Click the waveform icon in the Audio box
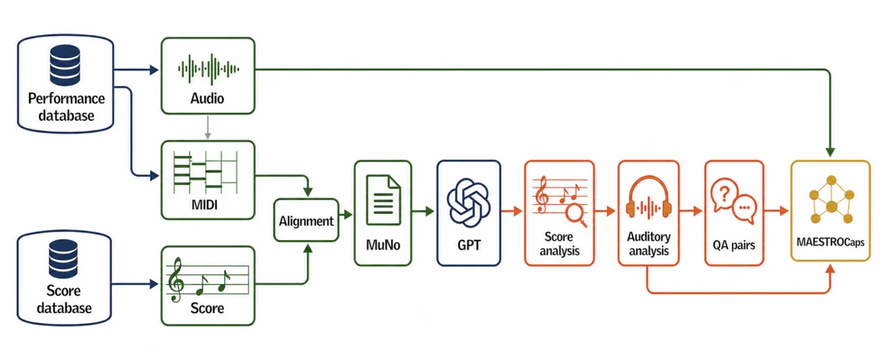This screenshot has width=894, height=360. [x=209, y=69]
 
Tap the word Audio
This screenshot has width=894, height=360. [x=207, y=98]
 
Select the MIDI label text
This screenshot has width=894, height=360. [x=204, y=205]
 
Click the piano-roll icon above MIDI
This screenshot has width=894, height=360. [x=206, y=172]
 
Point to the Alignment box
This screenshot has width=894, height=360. [x=306, y=221]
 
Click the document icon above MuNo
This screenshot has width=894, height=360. [x=383, y=200]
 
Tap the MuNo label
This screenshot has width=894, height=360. [x=383, y=244]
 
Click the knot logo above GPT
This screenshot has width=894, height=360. [x=469, y=203]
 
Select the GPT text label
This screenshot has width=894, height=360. [x=469, y=244]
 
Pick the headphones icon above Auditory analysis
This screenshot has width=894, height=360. [x=649, y=198]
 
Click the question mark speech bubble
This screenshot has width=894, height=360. [x=724, y=195]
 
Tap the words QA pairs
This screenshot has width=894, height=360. [x=734, y=244]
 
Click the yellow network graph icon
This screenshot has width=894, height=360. [x=831, y=200]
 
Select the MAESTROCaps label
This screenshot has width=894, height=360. [x=831, y=241]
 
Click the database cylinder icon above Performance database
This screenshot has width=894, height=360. [x=65, y=65]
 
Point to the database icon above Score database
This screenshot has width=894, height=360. [x=63, y=259]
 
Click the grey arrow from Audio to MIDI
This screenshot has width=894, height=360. [x=208, y=127]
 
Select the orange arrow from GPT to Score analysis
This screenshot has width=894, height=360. [x=512, y=211]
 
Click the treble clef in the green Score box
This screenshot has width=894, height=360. [x=176, y=280]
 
